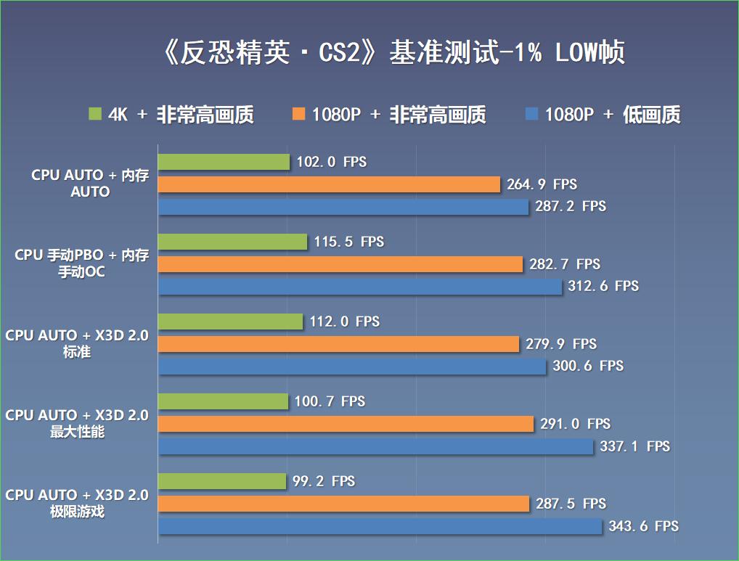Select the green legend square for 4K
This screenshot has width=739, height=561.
[x=95, y=114]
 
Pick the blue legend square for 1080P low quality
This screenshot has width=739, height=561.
[x=531, y=114]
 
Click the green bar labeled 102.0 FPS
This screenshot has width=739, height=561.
[x=224, y=162]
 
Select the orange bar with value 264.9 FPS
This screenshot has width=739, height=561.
[x=329, y=184]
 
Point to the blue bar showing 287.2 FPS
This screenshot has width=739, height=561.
[x=343, y=207]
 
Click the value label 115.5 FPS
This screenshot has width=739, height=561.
[x=349, y=242]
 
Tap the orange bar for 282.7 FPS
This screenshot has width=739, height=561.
[x=340, y=264]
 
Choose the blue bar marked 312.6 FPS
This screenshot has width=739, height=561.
[x=360, y=287]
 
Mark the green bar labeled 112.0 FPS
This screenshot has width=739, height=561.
[x=230, y=322]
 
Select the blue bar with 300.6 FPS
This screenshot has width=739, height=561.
[x=352, y=367]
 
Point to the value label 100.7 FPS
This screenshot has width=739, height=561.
[x=330, y=401]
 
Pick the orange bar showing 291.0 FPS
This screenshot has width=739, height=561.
[x=346, y=424]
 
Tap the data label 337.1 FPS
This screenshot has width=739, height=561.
[x=634, y=446]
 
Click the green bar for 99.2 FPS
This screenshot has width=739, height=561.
[x=222, y=481]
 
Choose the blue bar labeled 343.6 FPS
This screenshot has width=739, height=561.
[x=380, y=526]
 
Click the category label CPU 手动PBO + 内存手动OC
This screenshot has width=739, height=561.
[x=82, y=264]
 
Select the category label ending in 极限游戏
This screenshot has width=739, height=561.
[x=77, y=503]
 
